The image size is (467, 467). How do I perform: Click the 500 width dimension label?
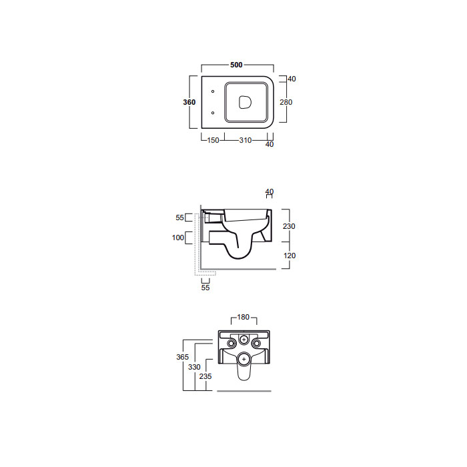[x=236, y=65]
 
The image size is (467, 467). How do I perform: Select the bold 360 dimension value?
[x=189, y=102]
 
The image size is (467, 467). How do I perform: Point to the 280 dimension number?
[x=286, y=102]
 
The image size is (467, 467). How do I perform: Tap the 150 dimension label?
[x=213, y=140]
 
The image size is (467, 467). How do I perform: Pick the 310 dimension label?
[x=246, y=140]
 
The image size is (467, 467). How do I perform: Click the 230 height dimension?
[x=289, y=226]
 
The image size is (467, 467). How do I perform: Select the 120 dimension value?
[x=290, y=256]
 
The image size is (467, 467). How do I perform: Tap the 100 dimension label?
[x=178, y=238]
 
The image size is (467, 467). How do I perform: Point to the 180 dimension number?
[x=243, y=317]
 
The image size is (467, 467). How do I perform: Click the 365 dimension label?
[x=183, y=357]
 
